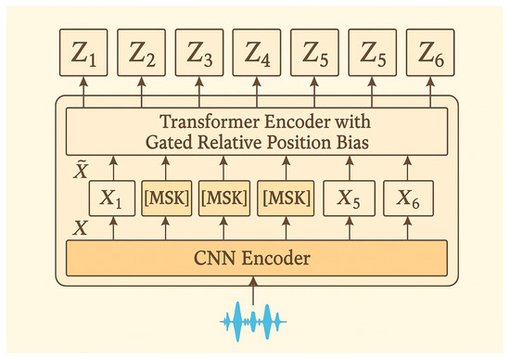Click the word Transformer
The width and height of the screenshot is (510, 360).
pos(206,122)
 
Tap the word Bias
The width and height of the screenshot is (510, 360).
pos(342,140)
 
